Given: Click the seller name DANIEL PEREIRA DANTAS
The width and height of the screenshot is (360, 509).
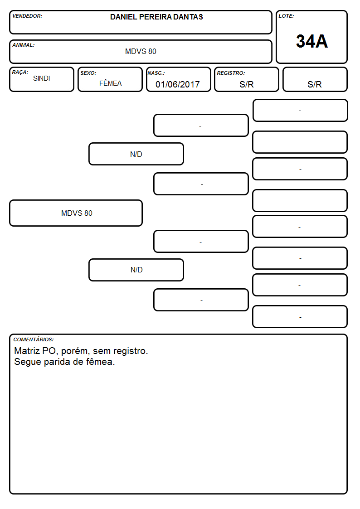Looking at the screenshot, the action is click(x=156, y=17).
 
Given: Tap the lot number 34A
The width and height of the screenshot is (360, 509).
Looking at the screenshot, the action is click(x=311, y=41).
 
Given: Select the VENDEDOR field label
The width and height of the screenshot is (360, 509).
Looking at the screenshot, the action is click(x=27, y=16).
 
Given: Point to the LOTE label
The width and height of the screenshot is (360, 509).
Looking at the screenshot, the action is click(x=286, y=16).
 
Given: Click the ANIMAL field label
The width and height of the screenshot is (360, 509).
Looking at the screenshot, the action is click(x=24, y=45).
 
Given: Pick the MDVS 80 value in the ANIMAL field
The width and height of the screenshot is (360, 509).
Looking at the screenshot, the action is click(x=141, y=51).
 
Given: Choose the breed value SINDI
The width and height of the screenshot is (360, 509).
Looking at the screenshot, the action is click(x=42, y=78).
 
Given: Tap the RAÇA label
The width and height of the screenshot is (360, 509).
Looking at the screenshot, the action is click(x=20, y=72).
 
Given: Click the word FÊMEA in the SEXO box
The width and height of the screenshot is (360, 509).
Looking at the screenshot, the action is click(x=110, y=83).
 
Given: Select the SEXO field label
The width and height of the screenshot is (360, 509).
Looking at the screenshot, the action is click(x=88, y=73).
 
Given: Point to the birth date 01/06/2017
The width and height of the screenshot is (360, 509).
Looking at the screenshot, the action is click(x=178, y=84).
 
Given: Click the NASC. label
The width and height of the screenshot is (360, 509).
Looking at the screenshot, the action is click(x=156, y=73).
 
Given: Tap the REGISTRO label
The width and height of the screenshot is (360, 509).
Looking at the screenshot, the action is click(x=231, y=73).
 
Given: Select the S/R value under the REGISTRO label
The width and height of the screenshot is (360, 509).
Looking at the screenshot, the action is click(x=246, y=84).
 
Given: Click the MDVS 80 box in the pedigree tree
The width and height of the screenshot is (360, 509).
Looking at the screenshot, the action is click(x=76, y=213).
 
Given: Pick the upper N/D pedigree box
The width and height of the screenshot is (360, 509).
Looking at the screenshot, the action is click(x=136, y=154).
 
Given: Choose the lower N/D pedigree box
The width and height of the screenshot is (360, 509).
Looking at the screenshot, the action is click(x=136, y=270).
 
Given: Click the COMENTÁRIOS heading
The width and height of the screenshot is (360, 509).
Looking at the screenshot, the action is click(x=34, y=339).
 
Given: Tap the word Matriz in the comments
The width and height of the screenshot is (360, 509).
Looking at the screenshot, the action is click(x=27, y=351).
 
